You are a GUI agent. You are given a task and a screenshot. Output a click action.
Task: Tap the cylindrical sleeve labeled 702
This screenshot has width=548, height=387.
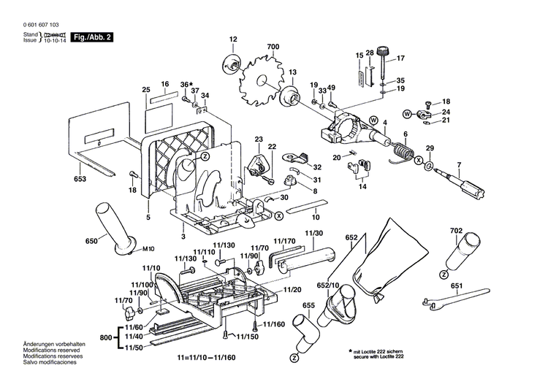[x=454, y=256]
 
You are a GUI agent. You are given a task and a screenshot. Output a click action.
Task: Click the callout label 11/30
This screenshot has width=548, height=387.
[x=314, y=232]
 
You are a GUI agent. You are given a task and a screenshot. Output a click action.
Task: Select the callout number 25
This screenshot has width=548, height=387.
[x=145, y=90]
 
